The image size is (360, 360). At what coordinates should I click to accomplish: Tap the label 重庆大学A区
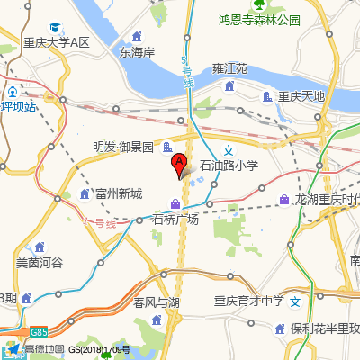click(58, 43)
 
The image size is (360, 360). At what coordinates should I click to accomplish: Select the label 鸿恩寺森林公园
click(260, 20)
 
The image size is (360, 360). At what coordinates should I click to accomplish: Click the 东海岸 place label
click(138, 52)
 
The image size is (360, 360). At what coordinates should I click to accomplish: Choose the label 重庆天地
click(300, 96)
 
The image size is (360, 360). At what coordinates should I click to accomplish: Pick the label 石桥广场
click(175, 220)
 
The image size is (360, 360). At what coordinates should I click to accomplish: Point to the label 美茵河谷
click(40, 263)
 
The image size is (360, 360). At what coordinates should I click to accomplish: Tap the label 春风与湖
click(157, 301)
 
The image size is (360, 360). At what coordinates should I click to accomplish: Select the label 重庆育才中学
click(249, 301)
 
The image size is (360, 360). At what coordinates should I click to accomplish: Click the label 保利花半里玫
click(324, 328)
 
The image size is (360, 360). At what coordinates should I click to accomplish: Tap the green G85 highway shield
click(38, 331)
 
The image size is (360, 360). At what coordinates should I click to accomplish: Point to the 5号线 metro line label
click(187, 73)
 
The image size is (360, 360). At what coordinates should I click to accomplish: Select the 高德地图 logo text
click(43, 349)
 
